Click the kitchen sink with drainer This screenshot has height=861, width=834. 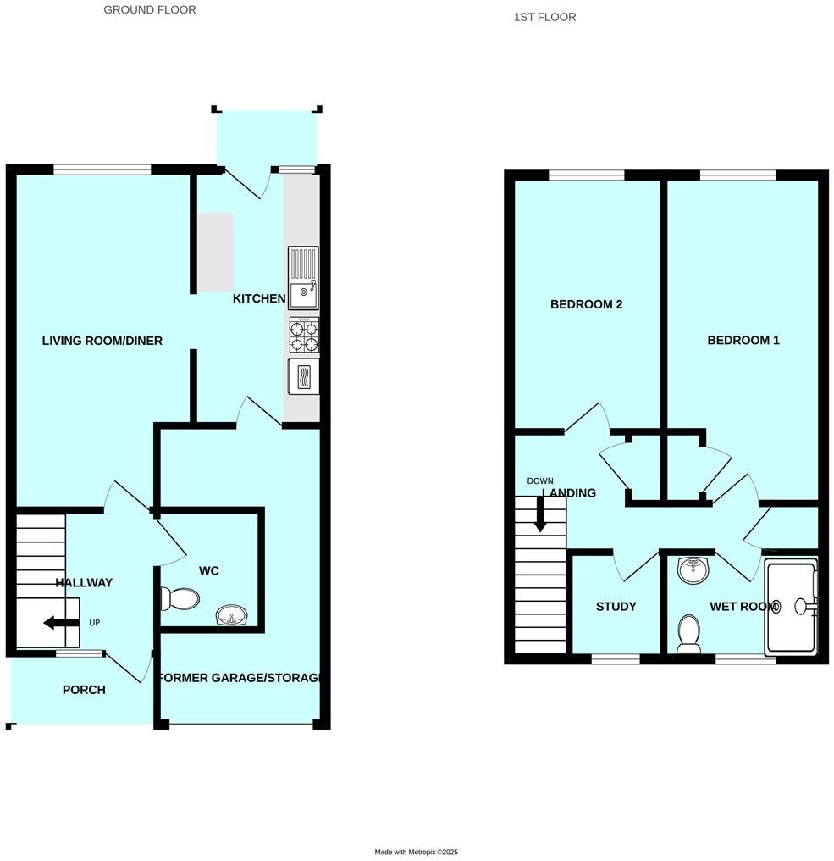[x=303, y=277]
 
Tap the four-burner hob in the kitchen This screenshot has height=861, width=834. [x=304, y=334]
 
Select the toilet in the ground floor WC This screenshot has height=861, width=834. [x=180, y=599]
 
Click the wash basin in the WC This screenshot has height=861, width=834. [x=229, y=615]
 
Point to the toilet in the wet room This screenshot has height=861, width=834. [x=689, y=633]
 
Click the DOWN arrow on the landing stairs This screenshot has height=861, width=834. [x=539, y=514]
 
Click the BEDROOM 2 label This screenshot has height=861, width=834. [x=586, y=304]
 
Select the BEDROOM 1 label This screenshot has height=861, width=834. [x=743, y=340]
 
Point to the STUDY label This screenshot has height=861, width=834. [x=616, y=607]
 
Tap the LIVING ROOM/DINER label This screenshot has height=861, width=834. [x=102, y=341]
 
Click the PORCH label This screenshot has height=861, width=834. [x=84, y=690]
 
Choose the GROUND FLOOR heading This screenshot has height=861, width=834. [x=150, y=10]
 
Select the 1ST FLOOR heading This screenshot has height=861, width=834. [x=544, y=17]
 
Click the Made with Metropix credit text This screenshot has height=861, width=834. [x=416, y=852]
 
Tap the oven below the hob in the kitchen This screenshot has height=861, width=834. [x=304, y=376]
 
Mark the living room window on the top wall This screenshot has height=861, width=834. [x=102, y=169]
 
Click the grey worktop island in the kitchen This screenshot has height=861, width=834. [x=215, y=250]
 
